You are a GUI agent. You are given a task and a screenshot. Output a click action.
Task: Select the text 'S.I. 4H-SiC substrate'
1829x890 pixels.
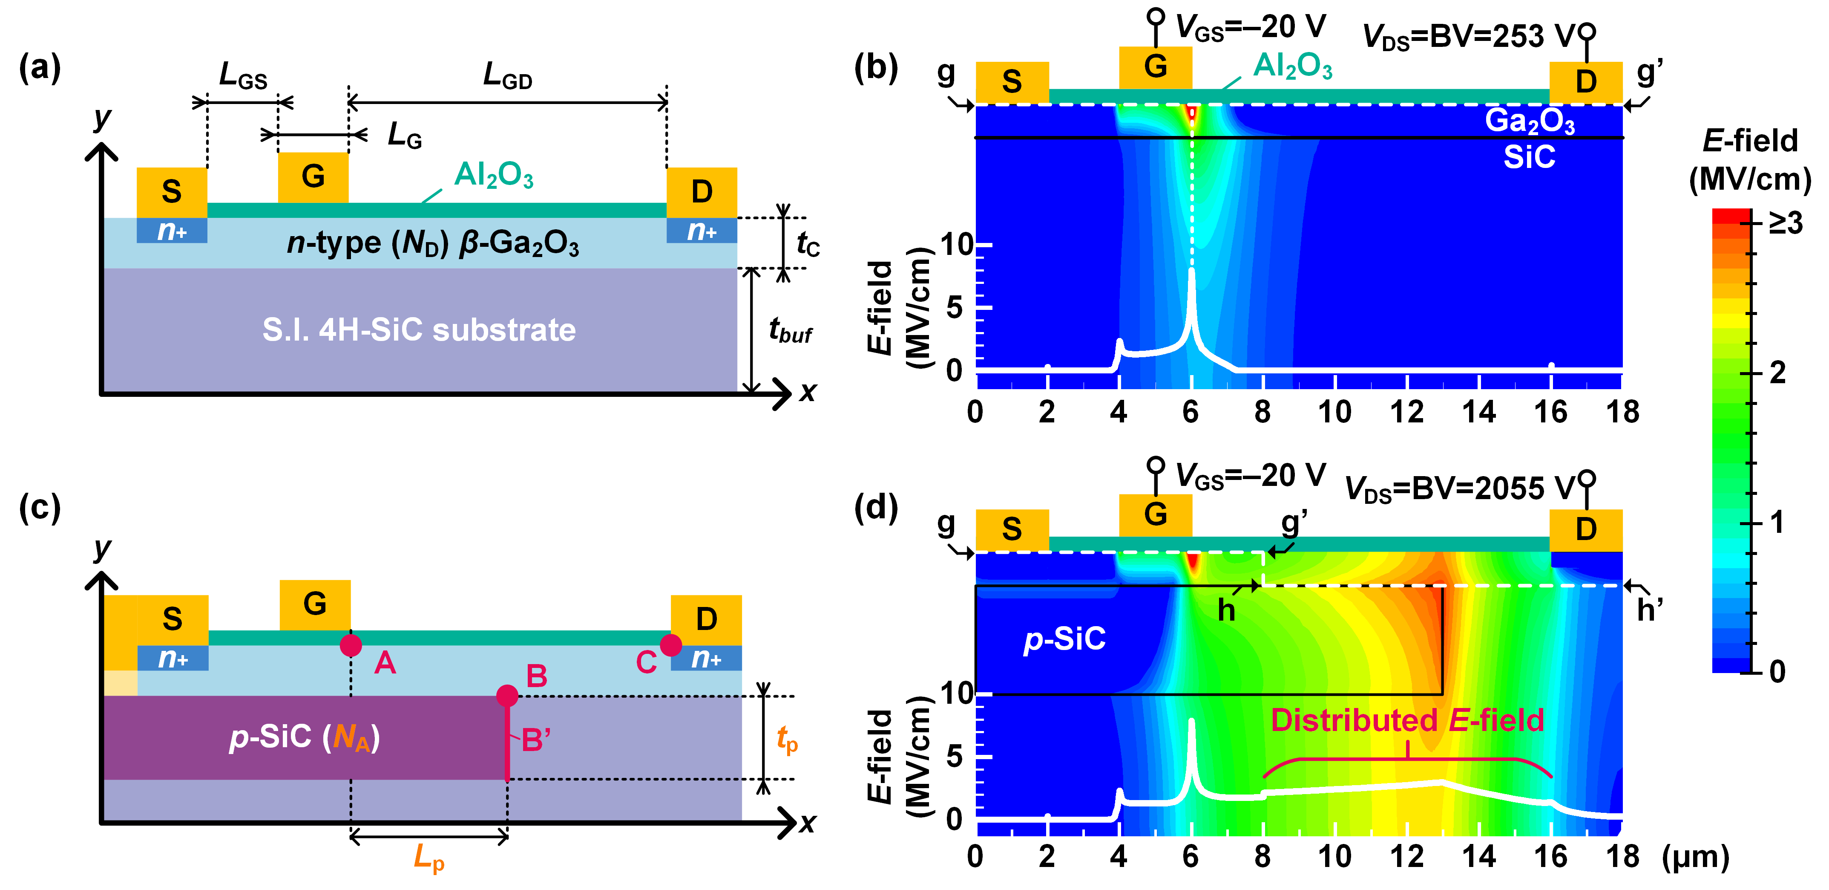tap(419, 329)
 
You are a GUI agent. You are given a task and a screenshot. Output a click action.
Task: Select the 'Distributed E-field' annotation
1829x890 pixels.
tap(1407, 720)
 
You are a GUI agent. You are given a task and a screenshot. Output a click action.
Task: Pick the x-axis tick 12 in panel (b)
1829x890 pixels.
tap(1406, 413)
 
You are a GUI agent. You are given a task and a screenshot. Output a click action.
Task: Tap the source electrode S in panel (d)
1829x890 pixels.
tap(1012, 529)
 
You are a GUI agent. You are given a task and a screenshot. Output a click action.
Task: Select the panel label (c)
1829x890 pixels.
tap(40, 507)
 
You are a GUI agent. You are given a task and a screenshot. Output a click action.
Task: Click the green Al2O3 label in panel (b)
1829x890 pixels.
tap(1292, 66)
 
